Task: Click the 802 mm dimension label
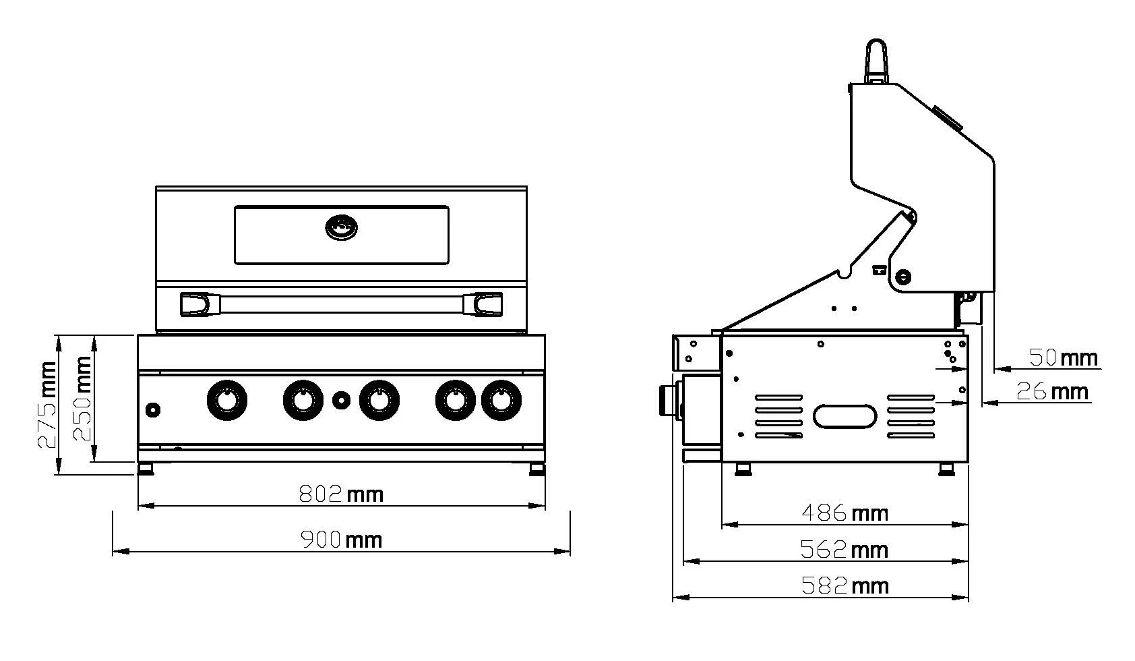[x=341, y=494]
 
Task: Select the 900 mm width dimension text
[x=341, y=540]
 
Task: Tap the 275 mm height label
[x=47, y=405]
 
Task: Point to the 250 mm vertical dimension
[x=82, y=398]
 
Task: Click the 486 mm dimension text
[x=845, y=513]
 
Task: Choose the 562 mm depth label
[x=844, y=550]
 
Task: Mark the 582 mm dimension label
[x=845, y=585]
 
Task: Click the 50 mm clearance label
[x=1064, y=357]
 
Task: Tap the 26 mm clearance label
[x=1052, y=391]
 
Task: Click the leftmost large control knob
[x=227, y=400]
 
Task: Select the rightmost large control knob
[x=501, y=400]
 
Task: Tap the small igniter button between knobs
[x=342, y=400]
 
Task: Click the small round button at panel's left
[x=154, y=409]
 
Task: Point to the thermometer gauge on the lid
[x=342, y=227]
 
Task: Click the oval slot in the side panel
[x=845, y=416]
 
